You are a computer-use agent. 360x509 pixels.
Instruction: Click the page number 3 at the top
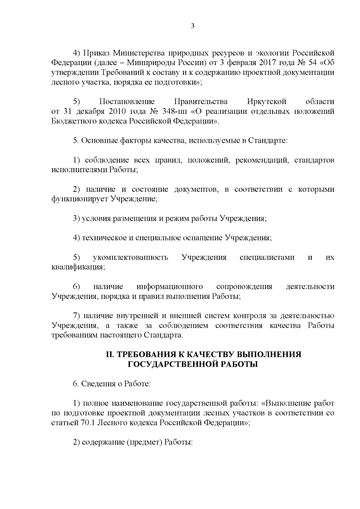[193, 26]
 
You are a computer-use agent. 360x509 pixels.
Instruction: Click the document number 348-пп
[174, 112]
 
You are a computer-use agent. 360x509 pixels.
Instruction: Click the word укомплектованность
[131, 258]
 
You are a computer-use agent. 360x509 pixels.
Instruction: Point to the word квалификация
[78, 267]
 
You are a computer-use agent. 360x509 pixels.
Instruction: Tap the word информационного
[170, 287]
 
